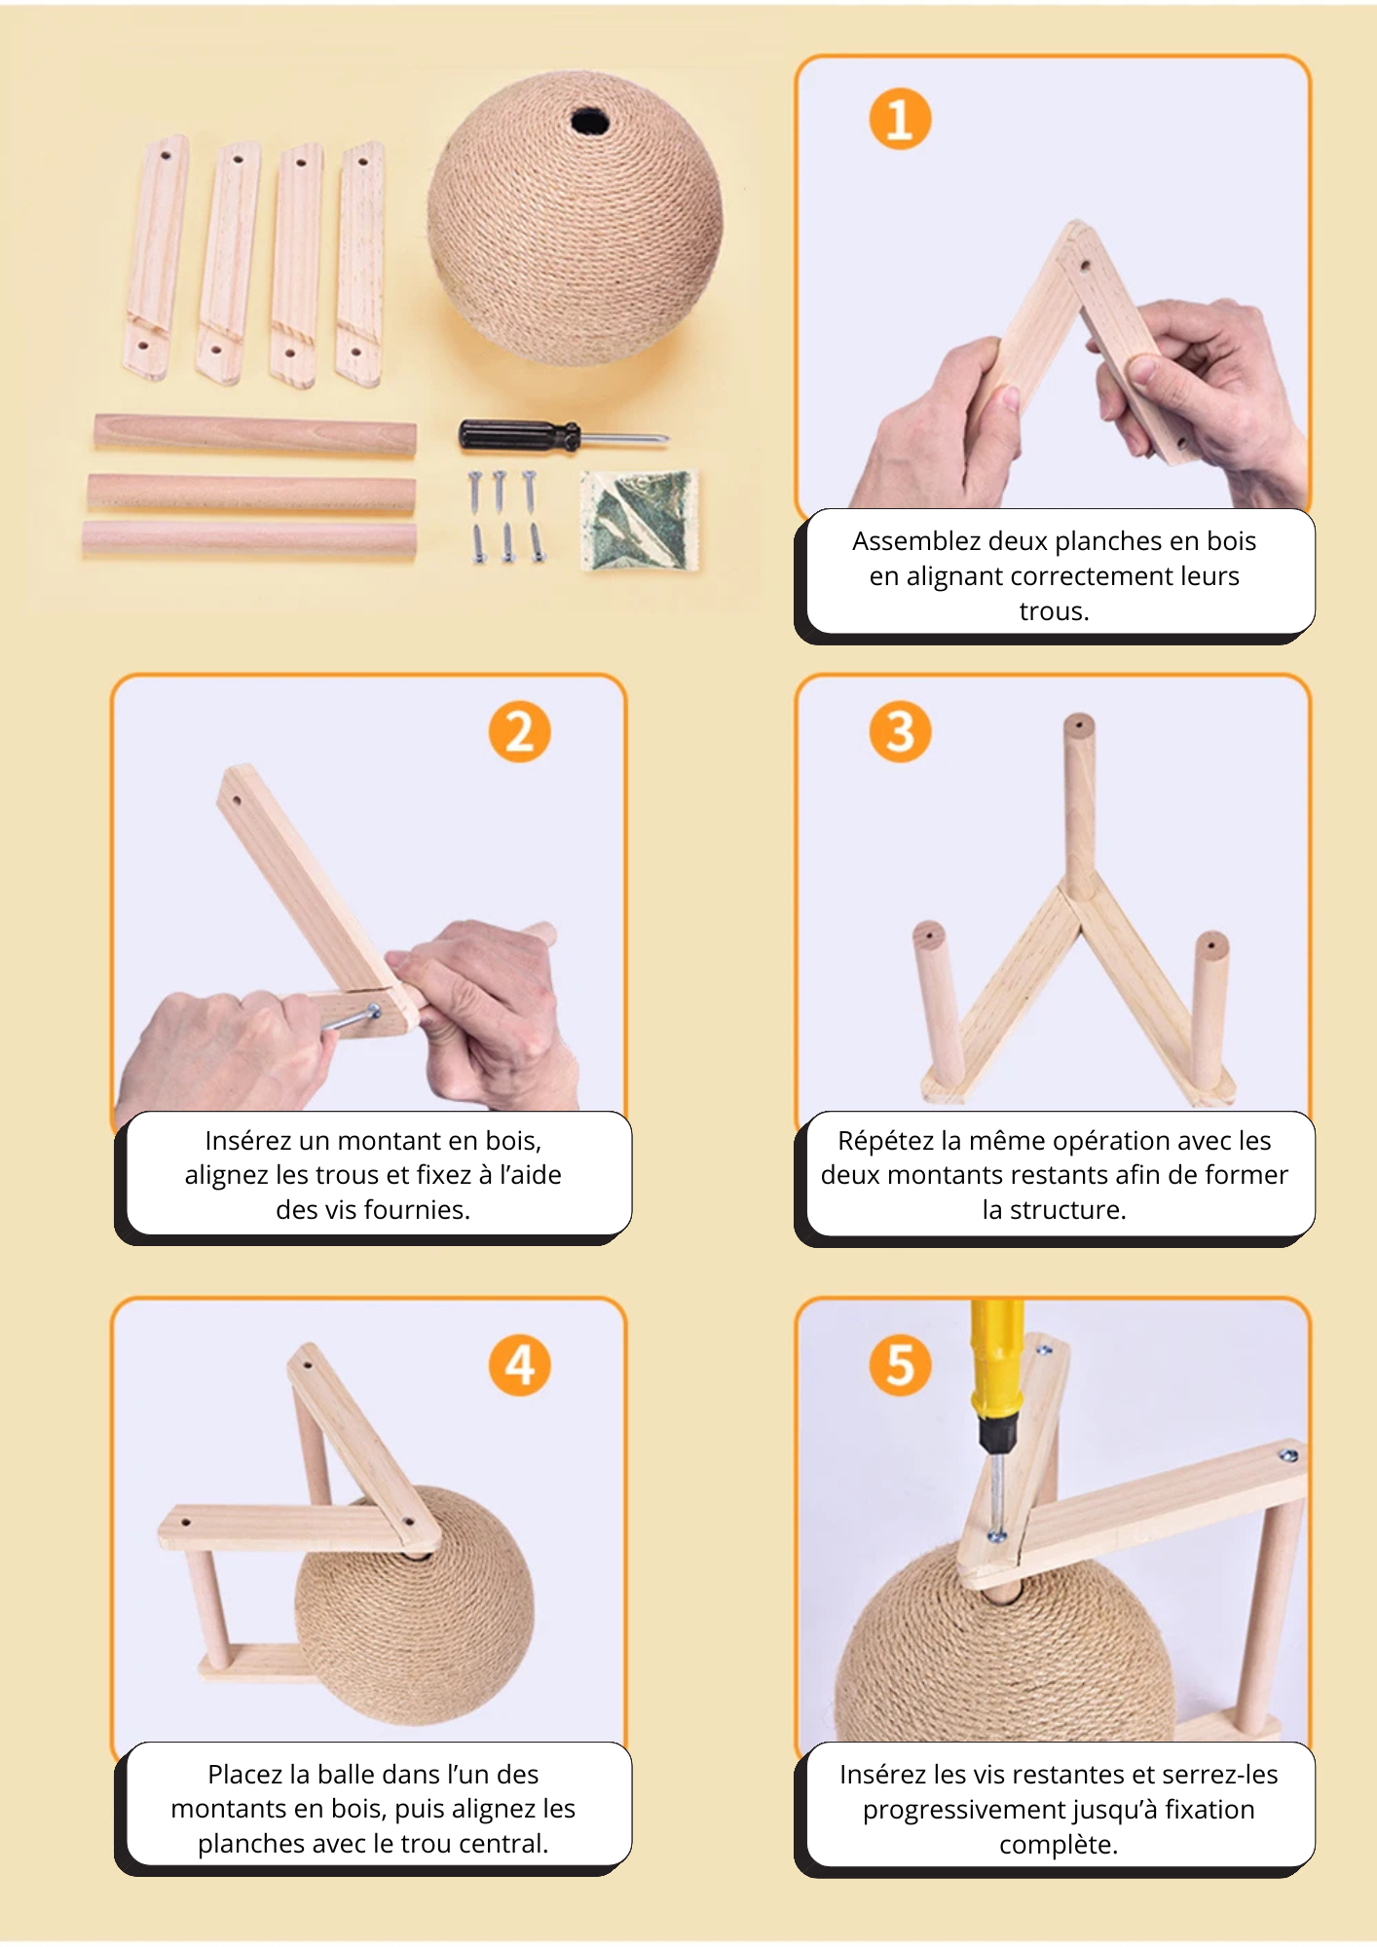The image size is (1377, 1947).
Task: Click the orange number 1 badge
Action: [900, 120]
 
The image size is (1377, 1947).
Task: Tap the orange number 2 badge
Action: [519, 732]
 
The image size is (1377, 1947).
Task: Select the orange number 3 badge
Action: [900, 732]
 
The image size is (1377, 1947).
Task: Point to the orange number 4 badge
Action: [519, 1365]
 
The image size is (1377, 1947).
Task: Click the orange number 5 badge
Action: [900, 1365]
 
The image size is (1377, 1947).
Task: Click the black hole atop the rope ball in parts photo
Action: [589, 123]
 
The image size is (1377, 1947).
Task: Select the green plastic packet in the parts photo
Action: [640, 520]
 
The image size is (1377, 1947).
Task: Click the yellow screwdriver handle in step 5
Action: [998, 1363]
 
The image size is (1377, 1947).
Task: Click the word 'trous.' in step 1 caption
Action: [1054, 611]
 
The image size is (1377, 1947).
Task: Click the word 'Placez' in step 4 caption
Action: [243, 1774]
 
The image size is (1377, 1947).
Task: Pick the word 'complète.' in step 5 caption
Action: [1058, 1844]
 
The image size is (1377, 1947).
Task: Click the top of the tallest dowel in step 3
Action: [1078, 726]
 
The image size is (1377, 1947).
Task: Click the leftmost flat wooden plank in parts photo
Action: [156, 258]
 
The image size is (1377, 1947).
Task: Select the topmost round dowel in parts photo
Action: [255, 434]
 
